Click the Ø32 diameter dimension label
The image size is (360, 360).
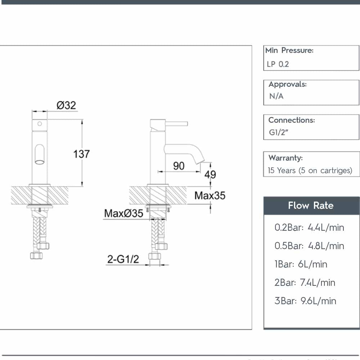pyautogui.click(x=66, y=105)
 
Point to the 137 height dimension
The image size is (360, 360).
pyautogui.click(x=82, y=154)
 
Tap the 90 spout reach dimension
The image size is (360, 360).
pyautogui.click(x=179, y=166)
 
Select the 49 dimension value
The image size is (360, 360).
pyautogui.click(x=210, y=174)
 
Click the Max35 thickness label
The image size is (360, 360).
pyautogui.click(x=210, y=195)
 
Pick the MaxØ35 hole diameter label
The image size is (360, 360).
pyautogui.click(x=123, y=213)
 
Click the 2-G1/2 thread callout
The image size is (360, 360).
pyautogui.click(x=123, y=259)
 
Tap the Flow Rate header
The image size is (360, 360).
pyautogui.click(x=311, y=206)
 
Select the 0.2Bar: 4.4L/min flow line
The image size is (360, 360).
pyautogui.click(x=309, y=228)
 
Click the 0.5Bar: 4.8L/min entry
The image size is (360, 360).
pyautogui.click(x=309, y=246)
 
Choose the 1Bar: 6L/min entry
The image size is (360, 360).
pyautogui.click(x=301, y=264)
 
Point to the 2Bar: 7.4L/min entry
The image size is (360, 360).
pyautogui.click(x=305, y=283)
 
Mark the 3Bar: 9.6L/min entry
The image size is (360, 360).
pyautogui.click(x=305, y=301)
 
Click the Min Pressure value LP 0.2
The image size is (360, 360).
pyautogui.click(x=278, y=64)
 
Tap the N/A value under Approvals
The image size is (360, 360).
pyautogui.click(x=276, y=96)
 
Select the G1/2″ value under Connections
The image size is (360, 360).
pyautogui.click(x=279, y=132)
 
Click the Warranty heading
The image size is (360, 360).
pyautogui.click(x=285, y=158)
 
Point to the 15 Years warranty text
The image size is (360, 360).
pyautogui.click(x=310, y=170)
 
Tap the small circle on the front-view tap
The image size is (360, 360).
pyautogui.click(x=40, y=124)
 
